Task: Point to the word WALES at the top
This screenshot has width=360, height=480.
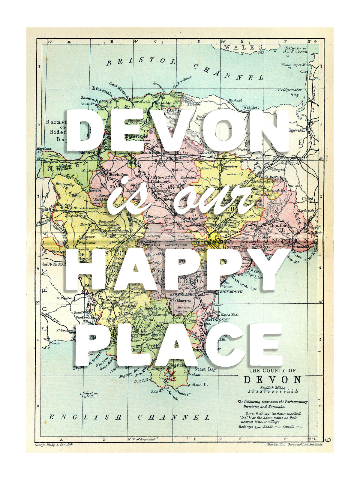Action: (x=243, y=47)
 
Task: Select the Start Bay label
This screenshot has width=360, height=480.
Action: (x=205, y=369)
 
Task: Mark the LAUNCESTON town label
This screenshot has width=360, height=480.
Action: (x=55, y=264)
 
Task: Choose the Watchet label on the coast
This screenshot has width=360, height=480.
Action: (x=251, y=107)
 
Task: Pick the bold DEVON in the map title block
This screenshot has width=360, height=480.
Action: (x=272, y=380)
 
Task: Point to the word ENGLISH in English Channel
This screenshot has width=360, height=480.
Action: (x=85, y=417)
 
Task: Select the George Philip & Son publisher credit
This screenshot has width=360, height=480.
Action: (x=54, y=445)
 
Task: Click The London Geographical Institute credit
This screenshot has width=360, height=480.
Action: (x=295, y=444)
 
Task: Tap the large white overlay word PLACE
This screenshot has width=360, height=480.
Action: (x=179, y=345)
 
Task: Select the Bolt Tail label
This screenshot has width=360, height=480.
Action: (x=141, y=381)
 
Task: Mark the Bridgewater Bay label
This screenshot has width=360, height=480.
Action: (x=290, y=92)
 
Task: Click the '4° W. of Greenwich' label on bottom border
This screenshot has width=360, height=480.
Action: (x=142, y=439)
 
